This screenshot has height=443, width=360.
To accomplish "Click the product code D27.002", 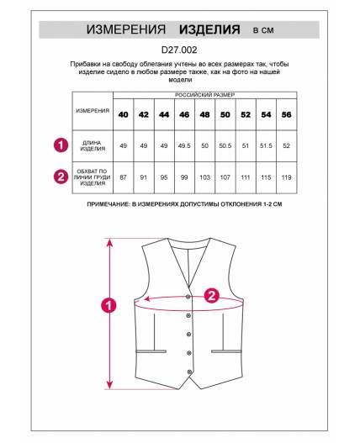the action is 179,50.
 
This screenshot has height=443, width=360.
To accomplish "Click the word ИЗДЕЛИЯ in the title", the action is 209,29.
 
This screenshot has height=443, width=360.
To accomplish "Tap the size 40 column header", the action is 124,114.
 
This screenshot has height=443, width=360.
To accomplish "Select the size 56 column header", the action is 287,114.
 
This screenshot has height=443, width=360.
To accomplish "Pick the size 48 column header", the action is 204,114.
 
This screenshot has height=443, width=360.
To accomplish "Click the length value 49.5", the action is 184,145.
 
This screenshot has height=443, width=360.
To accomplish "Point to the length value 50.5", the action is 225,145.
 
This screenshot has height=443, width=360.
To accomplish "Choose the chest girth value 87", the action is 124,177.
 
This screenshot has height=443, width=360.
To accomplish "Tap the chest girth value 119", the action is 287,177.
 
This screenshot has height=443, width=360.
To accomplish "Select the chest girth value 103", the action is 204,177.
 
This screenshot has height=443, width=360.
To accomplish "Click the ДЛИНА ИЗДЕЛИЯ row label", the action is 93,145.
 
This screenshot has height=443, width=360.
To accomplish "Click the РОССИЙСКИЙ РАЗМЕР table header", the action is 204,95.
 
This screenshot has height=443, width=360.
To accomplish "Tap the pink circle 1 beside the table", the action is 61,145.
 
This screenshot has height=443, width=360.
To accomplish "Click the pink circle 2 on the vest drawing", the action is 212,296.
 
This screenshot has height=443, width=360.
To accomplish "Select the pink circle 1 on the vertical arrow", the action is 109,305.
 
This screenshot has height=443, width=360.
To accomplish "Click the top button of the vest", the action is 188,297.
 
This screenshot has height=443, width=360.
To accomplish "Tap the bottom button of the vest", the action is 189,372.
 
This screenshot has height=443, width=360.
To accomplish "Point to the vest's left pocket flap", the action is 151,351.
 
